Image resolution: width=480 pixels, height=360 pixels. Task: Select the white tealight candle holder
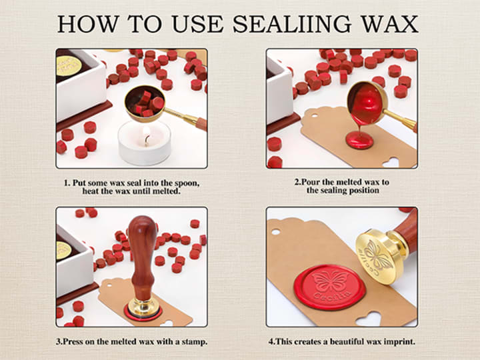coord(144,142)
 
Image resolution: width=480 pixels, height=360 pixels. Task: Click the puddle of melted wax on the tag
coord(359,140)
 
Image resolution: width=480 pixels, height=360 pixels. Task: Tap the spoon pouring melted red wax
coord(367,103)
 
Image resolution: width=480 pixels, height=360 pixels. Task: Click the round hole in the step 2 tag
coord(315,116)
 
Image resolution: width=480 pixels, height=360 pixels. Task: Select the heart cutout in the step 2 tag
coord(391,162)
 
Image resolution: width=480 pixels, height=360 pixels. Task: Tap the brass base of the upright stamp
coord(143,307)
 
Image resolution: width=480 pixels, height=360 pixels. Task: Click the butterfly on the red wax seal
coord(330,281)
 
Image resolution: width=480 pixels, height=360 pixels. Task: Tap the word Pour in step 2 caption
coord(311,182)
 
